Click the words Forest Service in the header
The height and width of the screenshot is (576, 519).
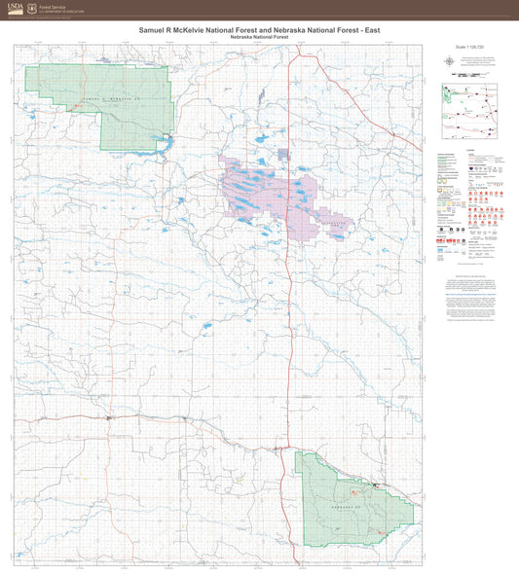pyautogui.click(x=53, y=6)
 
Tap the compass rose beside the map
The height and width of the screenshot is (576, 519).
pyautogui.click(x=448, y=60)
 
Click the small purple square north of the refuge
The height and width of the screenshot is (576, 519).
pyautogui.click(x=282, y=154)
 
